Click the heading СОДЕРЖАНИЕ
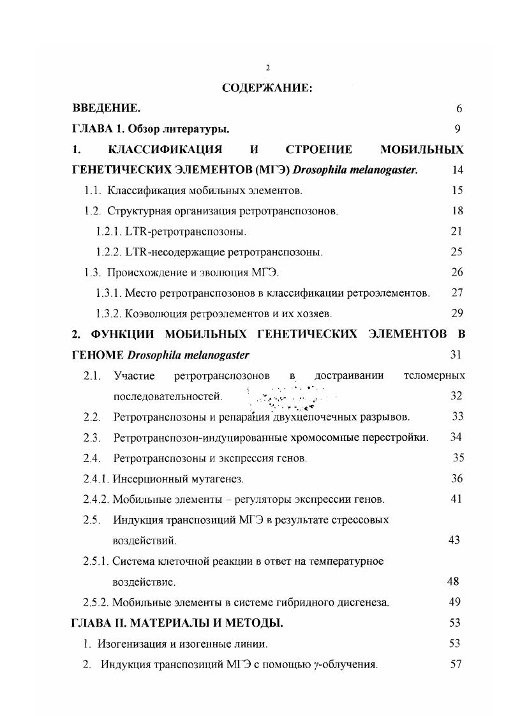click(x=267, y=88)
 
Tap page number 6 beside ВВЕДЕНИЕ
click(x=459, y=108)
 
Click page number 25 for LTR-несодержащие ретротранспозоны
click(x=456, y=252)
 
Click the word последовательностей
click(x=168, y=396)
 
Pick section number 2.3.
click(x=93, y=437)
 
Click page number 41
click(x=456, y=499)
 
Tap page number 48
click(x=453, y=582)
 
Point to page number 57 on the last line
click(x=456, y=664)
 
